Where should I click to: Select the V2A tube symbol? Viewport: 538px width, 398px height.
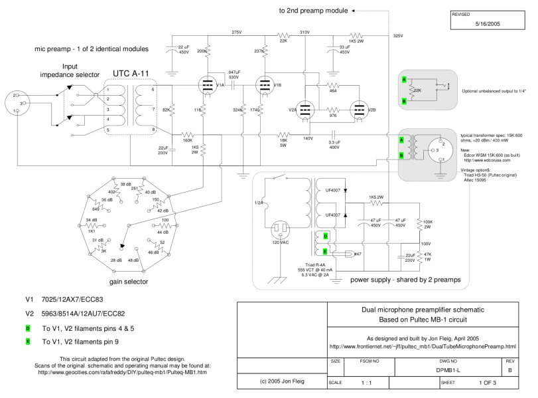point(305,111)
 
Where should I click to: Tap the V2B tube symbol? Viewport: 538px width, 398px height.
point(360,111)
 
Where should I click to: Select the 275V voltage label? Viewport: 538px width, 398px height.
point(237,32)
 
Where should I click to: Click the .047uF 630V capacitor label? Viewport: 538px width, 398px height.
point(234,74)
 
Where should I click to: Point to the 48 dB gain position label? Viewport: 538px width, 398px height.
point(133,260)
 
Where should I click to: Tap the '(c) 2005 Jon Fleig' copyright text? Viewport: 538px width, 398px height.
point(274,383)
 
